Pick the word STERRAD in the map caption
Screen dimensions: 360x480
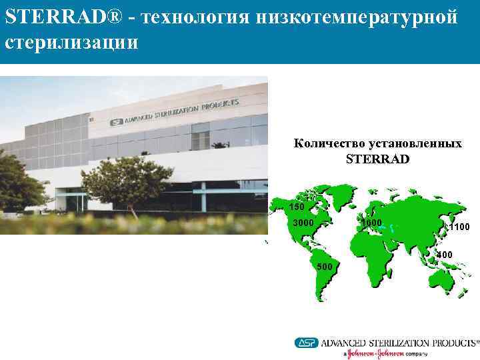378,159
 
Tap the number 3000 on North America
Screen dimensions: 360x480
303,222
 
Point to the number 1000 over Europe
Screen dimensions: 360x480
371,222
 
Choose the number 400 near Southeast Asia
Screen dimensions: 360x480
444,255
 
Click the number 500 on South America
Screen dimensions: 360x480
324,267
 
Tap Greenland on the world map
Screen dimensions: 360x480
343,193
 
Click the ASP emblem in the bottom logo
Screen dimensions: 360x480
307,342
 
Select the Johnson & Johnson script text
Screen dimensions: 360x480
377,354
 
